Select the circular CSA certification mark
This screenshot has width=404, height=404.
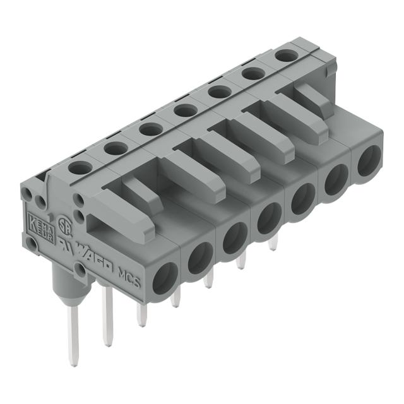tap(62, 223)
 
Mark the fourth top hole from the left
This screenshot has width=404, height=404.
tap(185, 111)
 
